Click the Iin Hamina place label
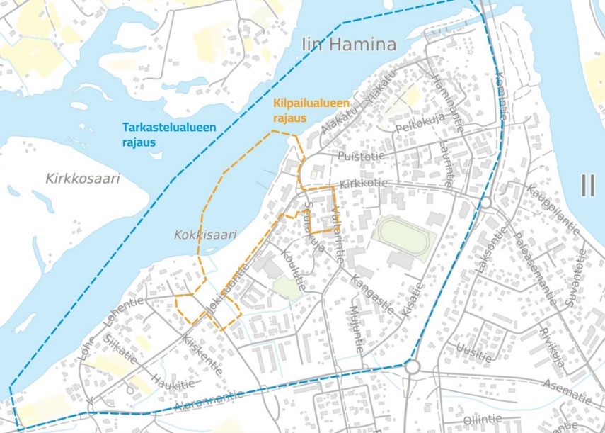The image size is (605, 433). click(x=349, y=45)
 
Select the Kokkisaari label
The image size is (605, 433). click(x=204, y=235)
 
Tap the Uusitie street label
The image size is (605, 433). click(x=473, y=352)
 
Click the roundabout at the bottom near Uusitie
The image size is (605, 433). click(x=413, y=367)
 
